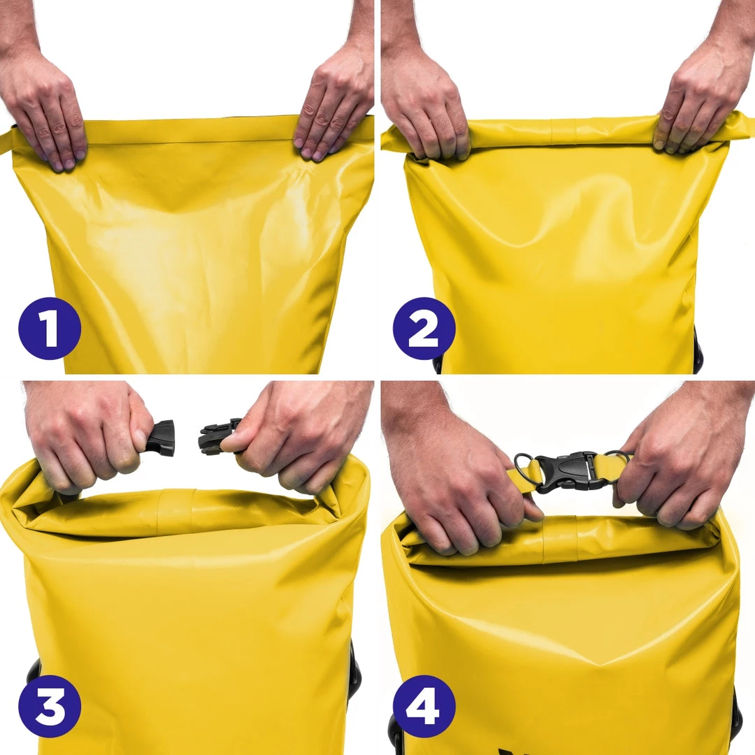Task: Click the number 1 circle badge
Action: click(50, 329)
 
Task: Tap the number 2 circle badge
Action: click(424, 329)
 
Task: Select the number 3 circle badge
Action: click(50, 706)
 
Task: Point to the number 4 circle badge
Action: click(424, 706)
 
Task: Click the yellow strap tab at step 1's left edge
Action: click(6, 140)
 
